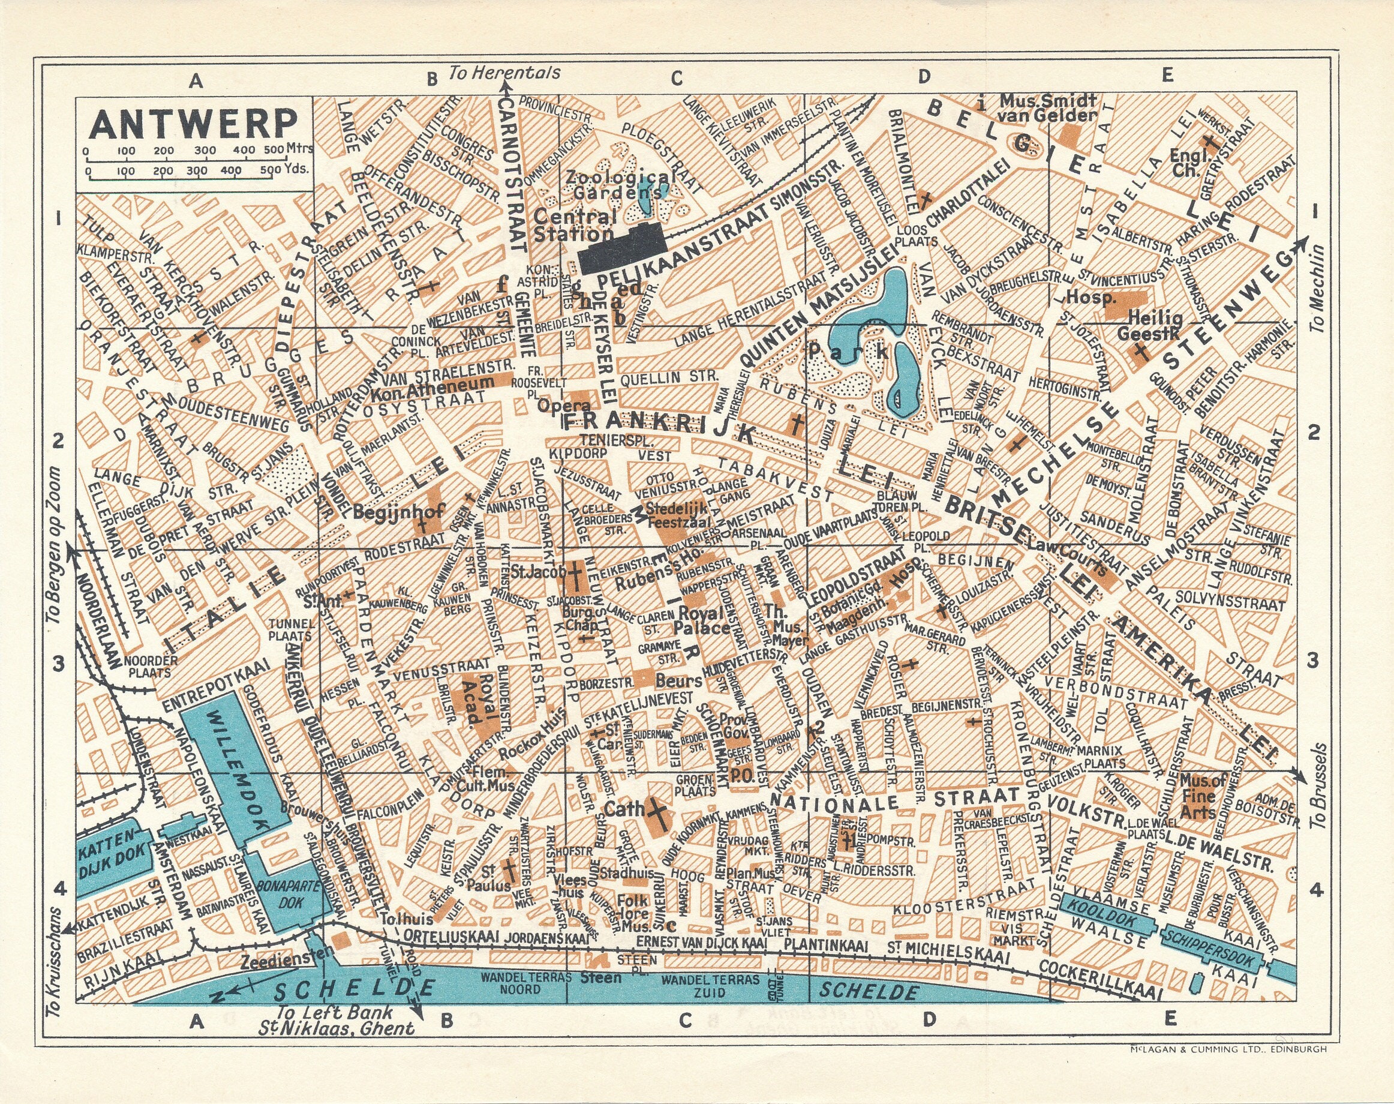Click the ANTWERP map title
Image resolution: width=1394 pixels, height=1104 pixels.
pyautogui.click(x=194, y=122)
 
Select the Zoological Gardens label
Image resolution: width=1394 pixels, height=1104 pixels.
pyautogui.click(x=611, y=184)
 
